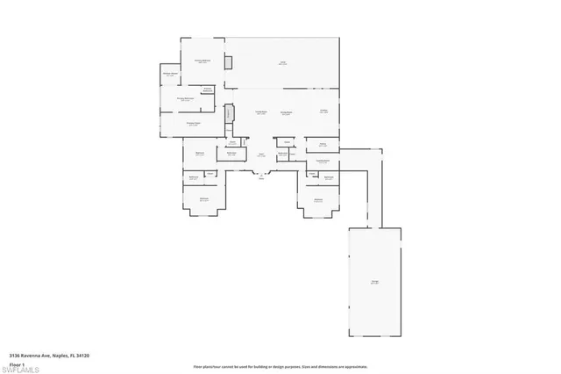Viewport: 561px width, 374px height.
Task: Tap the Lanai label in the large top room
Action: [x=283, y=62]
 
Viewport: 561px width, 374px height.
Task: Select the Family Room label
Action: [x=260, y=112]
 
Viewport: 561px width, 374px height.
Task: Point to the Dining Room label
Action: [x=286, y=113]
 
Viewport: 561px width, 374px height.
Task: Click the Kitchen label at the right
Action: [x=323, y=111]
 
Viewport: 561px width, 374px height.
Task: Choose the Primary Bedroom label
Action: [x=202, y=61]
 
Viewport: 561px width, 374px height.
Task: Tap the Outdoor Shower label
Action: [x=170, y=74]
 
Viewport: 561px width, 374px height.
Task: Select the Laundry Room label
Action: [x=323, y=161]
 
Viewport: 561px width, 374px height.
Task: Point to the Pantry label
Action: [x=323, y=145]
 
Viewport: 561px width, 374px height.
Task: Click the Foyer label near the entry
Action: [x=261, y=155]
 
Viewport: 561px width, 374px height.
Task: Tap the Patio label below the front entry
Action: [x=260, y=178]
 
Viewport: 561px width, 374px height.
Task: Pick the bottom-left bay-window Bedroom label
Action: [x=204, y=199]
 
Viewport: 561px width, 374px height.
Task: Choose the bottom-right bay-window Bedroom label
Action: [x=317, y=199]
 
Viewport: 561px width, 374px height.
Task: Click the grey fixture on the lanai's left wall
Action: [x=228, y=63]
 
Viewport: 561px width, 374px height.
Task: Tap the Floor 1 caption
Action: [x=18, y=363]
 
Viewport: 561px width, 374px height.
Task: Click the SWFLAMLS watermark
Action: [x=24, y=366]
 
